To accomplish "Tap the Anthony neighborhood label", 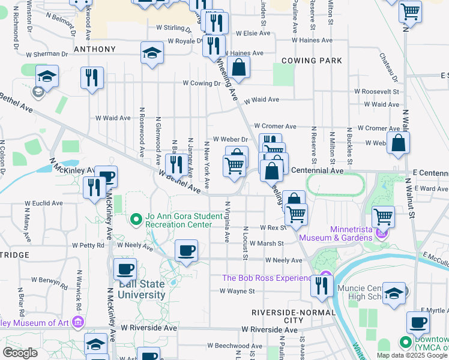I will (94, 49).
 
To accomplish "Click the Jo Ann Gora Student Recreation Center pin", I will (137, 220).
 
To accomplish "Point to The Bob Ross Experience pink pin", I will (325, 278).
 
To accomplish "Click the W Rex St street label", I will (273, 228).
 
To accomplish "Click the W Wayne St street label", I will (237, 291).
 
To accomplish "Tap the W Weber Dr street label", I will (226, 139).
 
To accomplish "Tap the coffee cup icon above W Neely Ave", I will (186, 250).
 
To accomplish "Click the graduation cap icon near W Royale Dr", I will (152, 53).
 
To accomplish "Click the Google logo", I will (20, 353).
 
